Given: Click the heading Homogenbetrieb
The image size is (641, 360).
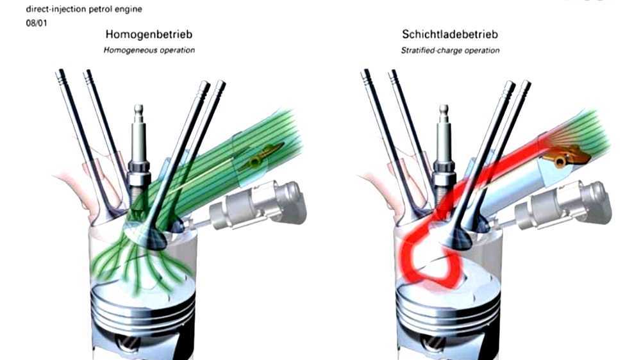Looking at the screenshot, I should click(x=149, y=35).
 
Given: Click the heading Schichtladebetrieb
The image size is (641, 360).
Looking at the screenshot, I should click(x=449, y=35).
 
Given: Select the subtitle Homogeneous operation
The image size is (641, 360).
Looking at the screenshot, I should click(x=149, y=50).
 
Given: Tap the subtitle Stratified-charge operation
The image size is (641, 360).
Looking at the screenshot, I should click(x=451, y=50).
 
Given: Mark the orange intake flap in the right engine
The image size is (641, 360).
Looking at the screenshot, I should click(x=567, y=154).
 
